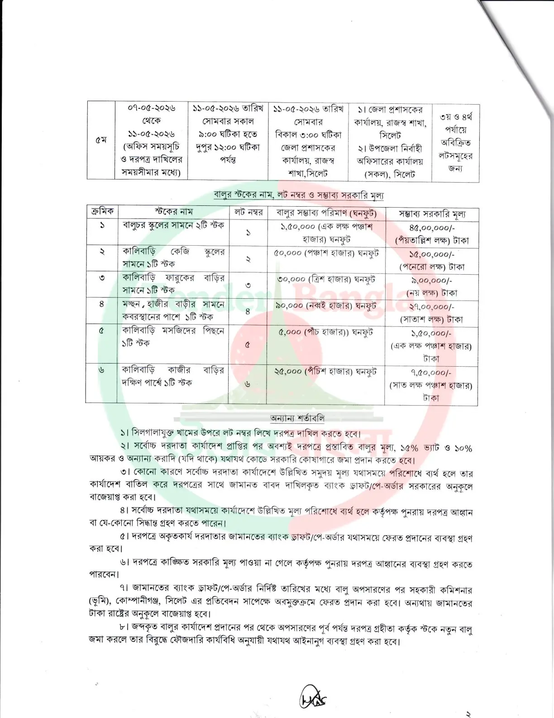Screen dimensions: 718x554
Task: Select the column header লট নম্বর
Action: [x=248, y=212]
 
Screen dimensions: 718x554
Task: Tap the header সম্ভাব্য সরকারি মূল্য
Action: [x=432, y=213]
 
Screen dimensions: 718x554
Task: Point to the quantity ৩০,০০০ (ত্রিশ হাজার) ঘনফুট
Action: [x=326, y=280]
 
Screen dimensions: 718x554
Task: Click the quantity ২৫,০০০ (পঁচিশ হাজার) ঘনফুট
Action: [x=325, y=371]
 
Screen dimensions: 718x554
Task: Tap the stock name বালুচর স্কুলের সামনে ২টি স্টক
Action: [x=173, y=225]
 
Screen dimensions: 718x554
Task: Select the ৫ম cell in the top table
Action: [x=101, y=141]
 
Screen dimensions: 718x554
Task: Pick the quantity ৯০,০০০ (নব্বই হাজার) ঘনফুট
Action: [x=326, y=306]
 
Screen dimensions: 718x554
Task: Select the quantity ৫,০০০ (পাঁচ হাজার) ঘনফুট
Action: [x=326, y=332]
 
